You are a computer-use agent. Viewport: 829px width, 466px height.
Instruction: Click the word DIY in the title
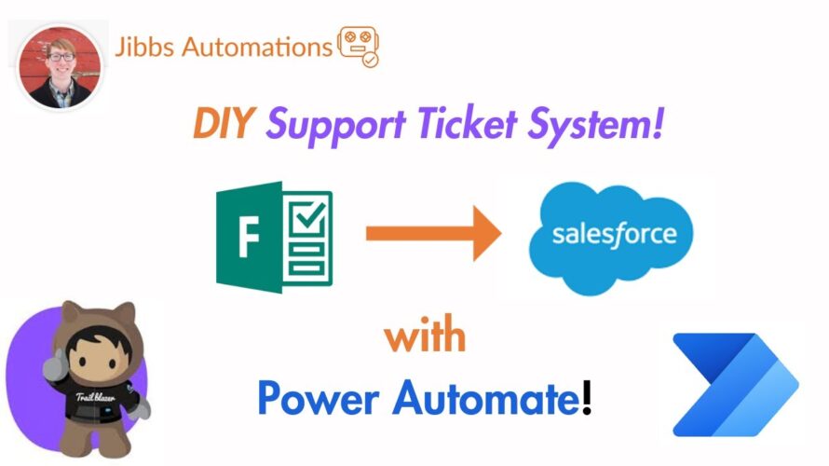coord(224,123)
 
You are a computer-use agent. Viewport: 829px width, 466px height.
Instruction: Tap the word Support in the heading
coord(335,126)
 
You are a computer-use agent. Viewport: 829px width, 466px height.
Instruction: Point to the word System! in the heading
coord(595,126)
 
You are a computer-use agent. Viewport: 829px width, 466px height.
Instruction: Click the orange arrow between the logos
coord(433,233)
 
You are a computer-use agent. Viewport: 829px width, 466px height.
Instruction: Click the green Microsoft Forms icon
coord(275,237)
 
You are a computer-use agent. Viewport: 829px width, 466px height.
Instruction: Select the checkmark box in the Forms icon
coord(308,218)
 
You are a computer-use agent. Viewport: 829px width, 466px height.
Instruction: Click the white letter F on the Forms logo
coord(249,237)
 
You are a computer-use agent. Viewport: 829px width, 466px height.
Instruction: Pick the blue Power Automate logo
coord(736,385)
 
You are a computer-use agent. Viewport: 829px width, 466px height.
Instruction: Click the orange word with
coord(425,335)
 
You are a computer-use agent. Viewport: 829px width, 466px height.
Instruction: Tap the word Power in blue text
coord(319,398)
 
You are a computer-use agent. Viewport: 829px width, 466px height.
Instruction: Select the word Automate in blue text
coord(486,398)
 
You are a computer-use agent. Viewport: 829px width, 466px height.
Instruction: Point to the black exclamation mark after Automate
coord(586,397)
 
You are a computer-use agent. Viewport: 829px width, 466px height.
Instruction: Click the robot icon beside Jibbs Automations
coord(359,47)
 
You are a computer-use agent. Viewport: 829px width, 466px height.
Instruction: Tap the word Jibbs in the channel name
coord(144,47)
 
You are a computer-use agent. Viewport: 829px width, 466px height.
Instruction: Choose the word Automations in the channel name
coord(257,47)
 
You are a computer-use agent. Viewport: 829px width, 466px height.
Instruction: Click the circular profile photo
coord(60,67)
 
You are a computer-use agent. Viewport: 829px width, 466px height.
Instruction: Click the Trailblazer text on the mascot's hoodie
coord(95,397)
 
